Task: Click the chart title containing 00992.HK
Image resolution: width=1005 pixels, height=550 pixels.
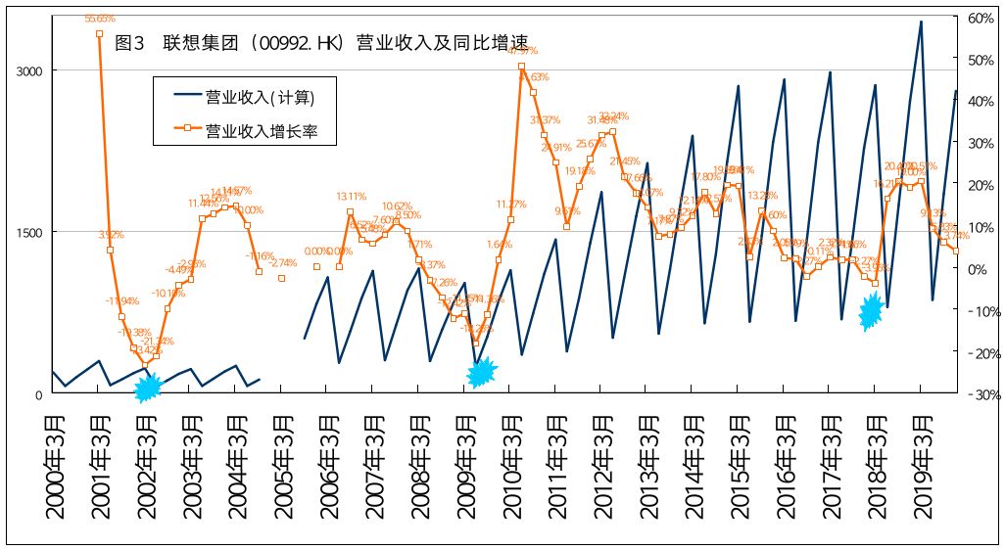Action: [x=321, y=44]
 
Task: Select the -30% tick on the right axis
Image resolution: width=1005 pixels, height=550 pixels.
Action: [x=981, y=394]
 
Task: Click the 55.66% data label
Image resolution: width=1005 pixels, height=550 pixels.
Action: [x=100, y=19]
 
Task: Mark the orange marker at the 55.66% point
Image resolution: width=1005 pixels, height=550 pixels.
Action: [x=99, y=33]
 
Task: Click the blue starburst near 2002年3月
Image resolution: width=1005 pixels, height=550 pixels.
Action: [x=147, y=388]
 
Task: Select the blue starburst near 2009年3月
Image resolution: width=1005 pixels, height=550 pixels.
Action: [x=482, y=372]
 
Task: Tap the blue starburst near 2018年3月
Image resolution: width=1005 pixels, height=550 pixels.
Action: [x=871, y=311]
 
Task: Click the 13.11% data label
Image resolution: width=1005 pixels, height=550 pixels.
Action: [x=351, y=195]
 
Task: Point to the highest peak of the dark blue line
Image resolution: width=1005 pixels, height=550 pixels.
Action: [x=921, y=22]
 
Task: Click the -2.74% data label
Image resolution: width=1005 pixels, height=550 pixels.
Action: [x=283, y=262]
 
